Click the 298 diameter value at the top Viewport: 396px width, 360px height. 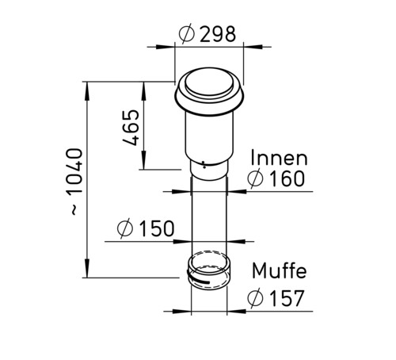coord(216,34)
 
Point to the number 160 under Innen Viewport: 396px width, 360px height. coord(284,179)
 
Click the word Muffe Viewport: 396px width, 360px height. coord(279,271)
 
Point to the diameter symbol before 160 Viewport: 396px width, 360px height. coord(254,179)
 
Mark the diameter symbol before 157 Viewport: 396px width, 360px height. coord(255,299)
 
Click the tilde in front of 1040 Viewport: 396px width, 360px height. coord(74,211)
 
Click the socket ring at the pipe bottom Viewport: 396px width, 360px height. coord(209,271)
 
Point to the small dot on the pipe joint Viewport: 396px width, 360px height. coord(204,167)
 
